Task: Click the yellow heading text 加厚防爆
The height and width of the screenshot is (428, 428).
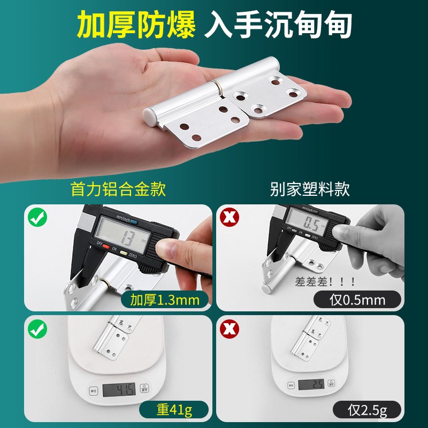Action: [x=136, y=25]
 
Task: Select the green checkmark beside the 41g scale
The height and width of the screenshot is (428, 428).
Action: [x=37, y=329]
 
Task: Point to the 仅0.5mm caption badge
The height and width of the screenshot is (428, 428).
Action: [x=357, y=300]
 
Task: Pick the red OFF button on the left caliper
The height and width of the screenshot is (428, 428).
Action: [x=106, y=247]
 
